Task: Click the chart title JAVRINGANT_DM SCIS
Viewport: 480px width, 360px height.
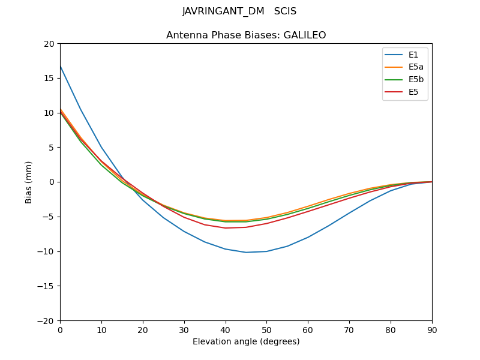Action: coord(239,11)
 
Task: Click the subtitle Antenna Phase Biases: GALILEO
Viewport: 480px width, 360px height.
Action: coord(246,35)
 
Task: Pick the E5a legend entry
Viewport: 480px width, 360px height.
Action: coord(416,67)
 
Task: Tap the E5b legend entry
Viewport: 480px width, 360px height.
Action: coord(416,80)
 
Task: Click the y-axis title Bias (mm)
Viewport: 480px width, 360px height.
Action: coord(29,182)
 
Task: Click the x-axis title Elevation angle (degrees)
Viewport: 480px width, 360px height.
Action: coord(246,342)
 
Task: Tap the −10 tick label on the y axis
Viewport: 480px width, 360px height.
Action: coord(47,251)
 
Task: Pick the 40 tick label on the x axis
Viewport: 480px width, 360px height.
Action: coord(225,329)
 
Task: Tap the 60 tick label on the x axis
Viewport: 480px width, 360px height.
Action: coord(308,329)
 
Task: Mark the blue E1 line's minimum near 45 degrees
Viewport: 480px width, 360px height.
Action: coord(246,252)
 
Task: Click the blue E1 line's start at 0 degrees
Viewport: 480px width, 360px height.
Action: coord(60,65)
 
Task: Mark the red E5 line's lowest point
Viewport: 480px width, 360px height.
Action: coord(226,228)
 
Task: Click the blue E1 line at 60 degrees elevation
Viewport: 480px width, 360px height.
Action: coord(308,237)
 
